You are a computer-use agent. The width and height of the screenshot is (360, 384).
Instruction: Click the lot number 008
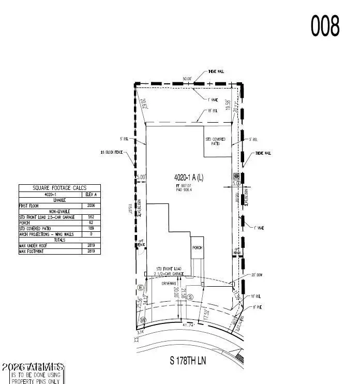tap(325, 25)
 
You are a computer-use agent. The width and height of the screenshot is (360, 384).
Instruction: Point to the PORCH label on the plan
tap(197, 248)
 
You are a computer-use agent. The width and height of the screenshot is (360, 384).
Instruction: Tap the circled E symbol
tap(140, 287)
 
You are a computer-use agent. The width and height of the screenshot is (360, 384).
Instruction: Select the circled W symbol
tap(143, 320)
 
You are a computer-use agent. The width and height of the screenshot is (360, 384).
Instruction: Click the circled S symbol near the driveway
tap(190, 297)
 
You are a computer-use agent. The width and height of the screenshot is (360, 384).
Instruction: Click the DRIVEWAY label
tap(170, 284)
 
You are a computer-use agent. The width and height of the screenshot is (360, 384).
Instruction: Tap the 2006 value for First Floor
tap(92, 205)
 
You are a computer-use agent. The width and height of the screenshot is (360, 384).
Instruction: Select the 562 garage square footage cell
tap(92, 217)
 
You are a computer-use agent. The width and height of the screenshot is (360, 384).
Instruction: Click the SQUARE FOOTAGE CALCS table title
tap(59, 188)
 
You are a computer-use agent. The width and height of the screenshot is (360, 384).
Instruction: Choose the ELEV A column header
tap(92, 195)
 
